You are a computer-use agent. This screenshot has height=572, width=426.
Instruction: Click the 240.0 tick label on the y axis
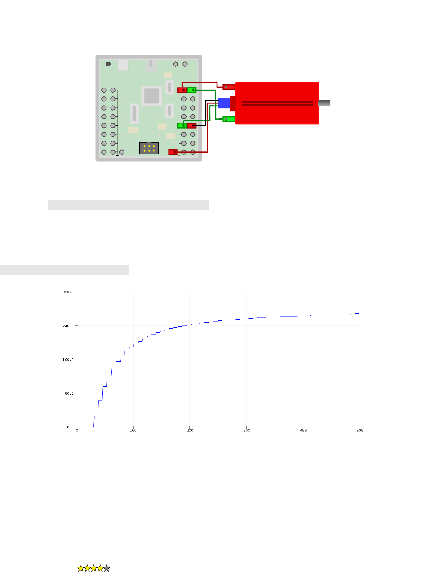68,325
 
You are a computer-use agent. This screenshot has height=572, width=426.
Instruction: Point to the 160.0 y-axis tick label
68,360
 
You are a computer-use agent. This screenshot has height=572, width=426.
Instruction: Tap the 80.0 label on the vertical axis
69,393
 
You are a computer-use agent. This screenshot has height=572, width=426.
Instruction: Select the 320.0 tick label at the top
68,292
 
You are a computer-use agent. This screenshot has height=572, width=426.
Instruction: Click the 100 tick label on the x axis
133,431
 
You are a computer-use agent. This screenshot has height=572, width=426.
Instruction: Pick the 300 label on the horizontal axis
247,431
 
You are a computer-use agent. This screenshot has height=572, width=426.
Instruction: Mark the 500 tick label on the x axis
360,431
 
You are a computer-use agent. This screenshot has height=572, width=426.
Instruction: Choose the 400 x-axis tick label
303,431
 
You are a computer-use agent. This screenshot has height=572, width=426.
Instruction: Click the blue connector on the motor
224,103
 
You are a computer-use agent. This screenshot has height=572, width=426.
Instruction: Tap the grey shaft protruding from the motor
325,103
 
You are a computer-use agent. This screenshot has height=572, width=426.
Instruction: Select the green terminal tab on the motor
229,119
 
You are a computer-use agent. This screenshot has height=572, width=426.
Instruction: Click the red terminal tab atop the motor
229,87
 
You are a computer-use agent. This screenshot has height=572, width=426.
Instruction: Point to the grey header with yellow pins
149,148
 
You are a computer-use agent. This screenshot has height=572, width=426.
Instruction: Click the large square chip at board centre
151,96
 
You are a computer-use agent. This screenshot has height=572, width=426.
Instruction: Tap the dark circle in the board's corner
108,64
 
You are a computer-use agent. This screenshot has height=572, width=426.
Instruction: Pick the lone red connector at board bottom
173,152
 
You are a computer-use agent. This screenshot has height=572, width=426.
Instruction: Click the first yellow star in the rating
81,568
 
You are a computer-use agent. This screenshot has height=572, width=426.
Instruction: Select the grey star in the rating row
107,568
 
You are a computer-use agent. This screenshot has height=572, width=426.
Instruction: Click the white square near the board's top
123,65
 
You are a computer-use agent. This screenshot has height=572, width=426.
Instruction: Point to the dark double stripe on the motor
277,103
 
